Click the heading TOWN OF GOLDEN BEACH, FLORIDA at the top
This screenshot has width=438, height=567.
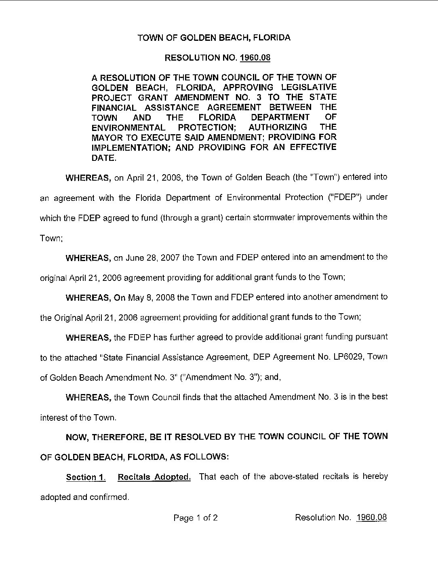(214, 38)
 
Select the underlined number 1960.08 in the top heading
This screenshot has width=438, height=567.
(255, 58)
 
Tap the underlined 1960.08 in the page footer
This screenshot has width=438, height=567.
(372, 517)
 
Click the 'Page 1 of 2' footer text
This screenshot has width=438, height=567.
(196, 518)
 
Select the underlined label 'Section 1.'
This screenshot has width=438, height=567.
(86, 477)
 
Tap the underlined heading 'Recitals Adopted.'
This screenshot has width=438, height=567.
(154, 477)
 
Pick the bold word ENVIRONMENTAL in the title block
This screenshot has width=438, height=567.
(125, 127)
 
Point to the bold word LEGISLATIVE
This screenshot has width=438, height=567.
(311, 87)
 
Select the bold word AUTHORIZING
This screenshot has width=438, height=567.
(278, 127)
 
